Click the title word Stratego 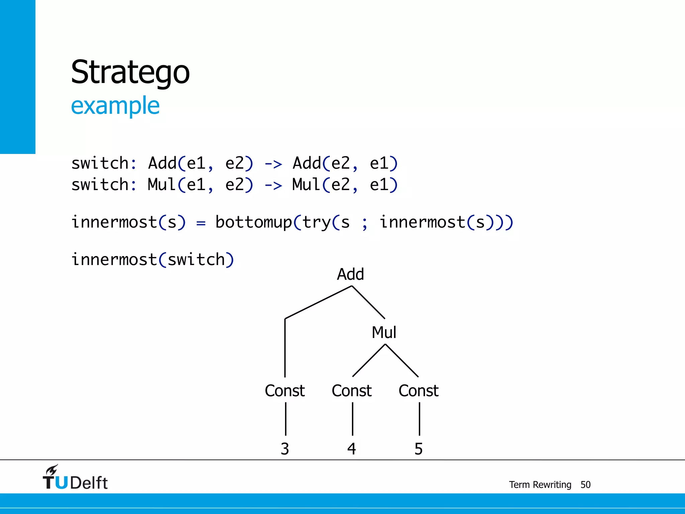(130, 72)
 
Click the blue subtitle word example (115, 106)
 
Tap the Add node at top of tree (350, 274)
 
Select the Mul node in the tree (384, 333)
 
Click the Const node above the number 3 (285, 391)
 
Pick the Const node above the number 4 (352, 391)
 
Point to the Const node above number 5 (418, 391)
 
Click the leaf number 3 (285, 449)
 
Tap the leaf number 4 (352, 449)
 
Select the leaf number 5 (418, 449)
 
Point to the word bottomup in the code (254, 223)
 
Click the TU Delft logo (75, 478)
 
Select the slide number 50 (585, 485)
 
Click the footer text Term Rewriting (540, 485)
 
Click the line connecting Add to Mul (368, 302)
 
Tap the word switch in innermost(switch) (196, 260)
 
